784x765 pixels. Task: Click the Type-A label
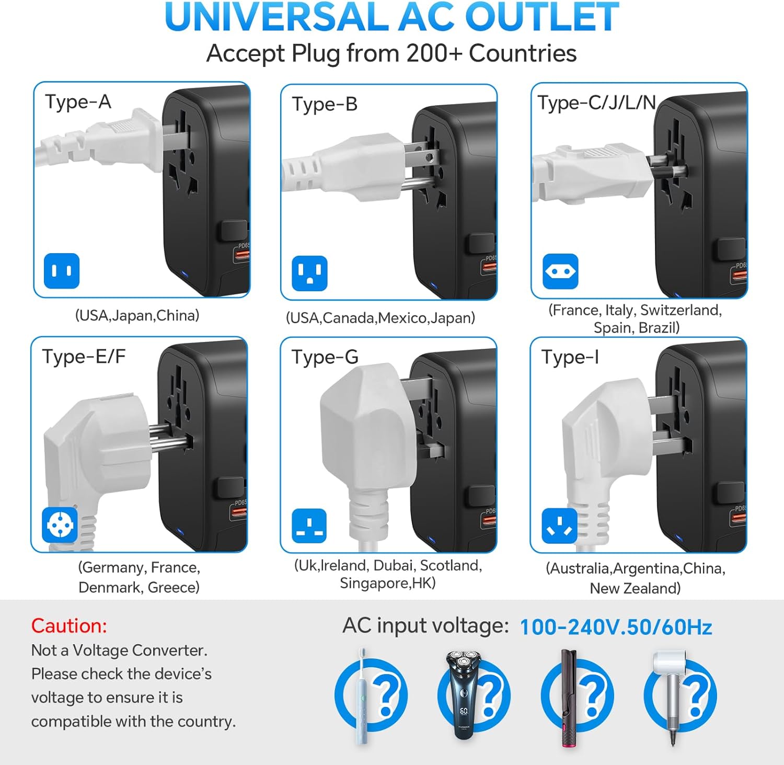pyautogui.click(x=78, y=101)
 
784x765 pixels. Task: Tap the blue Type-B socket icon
pyautogui.click(x=309, y=273)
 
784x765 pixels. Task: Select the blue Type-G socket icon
pyautogui.click(x=309, y=526)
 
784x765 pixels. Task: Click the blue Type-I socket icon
pyautogui.click(x=560, y=526)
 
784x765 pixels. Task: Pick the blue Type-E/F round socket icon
pyautogui.click(x=60, y=525)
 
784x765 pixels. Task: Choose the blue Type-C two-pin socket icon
pyautogui.click(x=560, y=271)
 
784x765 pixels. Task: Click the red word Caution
pyautogui.click(x=69, y=625)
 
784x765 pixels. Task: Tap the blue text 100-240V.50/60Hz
pyautogui.click(x=616, y=627)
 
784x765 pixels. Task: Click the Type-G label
pyautogui.click(x=325, y=357)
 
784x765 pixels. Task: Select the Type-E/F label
pyautogui.click(x=84, y=356)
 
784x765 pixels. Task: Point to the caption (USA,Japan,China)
pyautogui.click(x=137, y=315)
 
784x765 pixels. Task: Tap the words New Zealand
pyautogui.click(x=635, y=588)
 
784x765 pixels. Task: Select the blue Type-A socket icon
pyautogui.click(x=62, y=271)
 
